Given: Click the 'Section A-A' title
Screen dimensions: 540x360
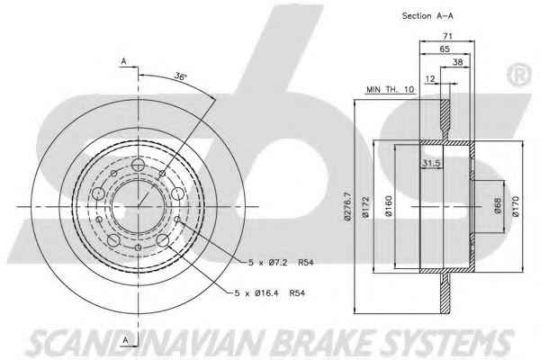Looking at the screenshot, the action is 427,16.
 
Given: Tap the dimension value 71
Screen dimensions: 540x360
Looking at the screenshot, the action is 447,35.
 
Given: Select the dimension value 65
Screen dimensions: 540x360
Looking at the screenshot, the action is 445,49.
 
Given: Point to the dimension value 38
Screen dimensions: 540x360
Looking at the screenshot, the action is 458,62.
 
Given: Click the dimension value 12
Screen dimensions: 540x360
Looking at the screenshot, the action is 430,79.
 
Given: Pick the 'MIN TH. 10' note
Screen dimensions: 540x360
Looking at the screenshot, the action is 390,90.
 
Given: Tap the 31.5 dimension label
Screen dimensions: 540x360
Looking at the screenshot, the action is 431,163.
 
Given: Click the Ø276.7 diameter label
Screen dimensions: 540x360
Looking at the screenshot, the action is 347,206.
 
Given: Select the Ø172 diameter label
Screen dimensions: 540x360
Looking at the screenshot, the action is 365,207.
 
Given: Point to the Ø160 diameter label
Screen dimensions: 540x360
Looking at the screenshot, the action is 389,206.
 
